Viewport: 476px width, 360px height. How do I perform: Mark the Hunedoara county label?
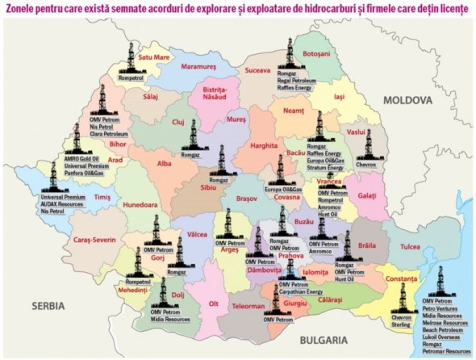pos(143,206)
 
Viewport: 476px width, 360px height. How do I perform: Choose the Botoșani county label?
pos(315,53)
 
